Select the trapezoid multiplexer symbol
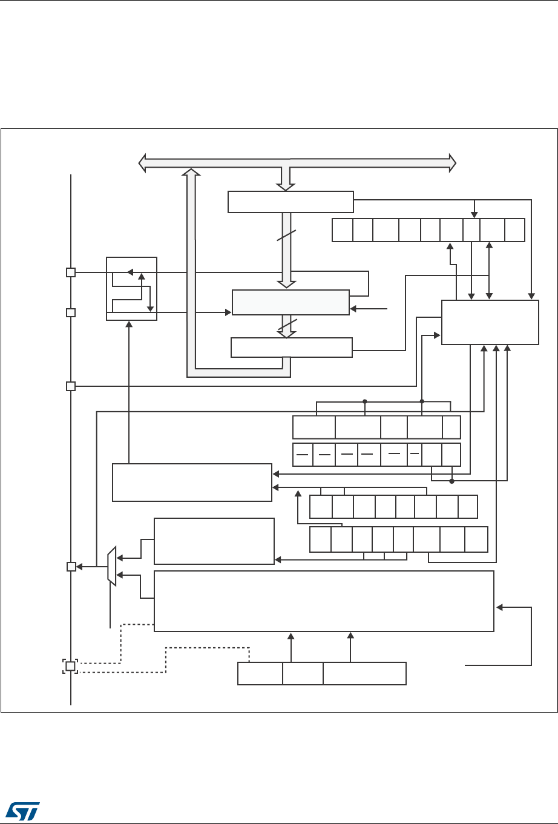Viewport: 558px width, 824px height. [111, 567]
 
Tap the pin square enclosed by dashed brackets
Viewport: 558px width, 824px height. [70, 666]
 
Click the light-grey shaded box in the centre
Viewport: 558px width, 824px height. [290, 302]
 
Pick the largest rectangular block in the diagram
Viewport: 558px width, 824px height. [324, 601]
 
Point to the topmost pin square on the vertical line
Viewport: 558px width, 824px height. [70, 272]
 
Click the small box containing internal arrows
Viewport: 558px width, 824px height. [131, 289]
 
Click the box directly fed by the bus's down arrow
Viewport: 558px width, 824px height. [290, 202]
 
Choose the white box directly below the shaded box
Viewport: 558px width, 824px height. [291, 348]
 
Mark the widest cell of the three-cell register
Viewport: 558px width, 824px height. [364, 673]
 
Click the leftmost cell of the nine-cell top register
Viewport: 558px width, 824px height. [342, 230]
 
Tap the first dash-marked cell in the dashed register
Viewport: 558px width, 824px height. [303, 454]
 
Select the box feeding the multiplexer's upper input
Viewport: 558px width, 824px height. [214, 541]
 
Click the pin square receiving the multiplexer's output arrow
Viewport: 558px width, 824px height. [70, 567]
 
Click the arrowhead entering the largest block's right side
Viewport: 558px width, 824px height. [498, 607]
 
